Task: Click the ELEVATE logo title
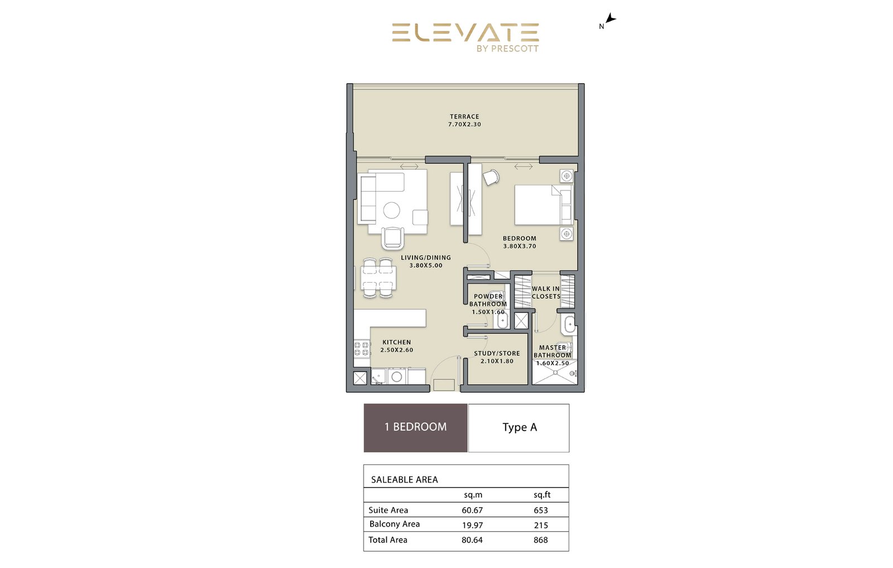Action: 465,32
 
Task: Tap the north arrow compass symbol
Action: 611,18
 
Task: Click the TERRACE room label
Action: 464,117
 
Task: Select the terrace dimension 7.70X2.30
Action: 464,124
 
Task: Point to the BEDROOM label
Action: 520,238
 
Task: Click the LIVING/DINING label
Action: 426,257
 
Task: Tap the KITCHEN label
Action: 397,342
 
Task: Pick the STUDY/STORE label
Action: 497,354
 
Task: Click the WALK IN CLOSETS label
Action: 546,292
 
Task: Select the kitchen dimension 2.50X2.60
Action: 397,350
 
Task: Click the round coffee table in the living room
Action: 391,210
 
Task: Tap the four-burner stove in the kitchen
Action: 362,348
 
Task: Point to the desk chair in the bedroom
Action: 491,177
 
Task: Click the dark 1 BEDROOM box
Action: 415,428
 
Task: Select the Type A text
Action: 520,427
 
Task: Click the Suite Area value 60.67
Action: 472,510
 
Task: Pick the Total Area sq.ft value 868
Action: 541,540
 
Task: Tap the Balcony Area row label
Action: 394,524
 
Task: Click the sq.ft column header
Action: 542,495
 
